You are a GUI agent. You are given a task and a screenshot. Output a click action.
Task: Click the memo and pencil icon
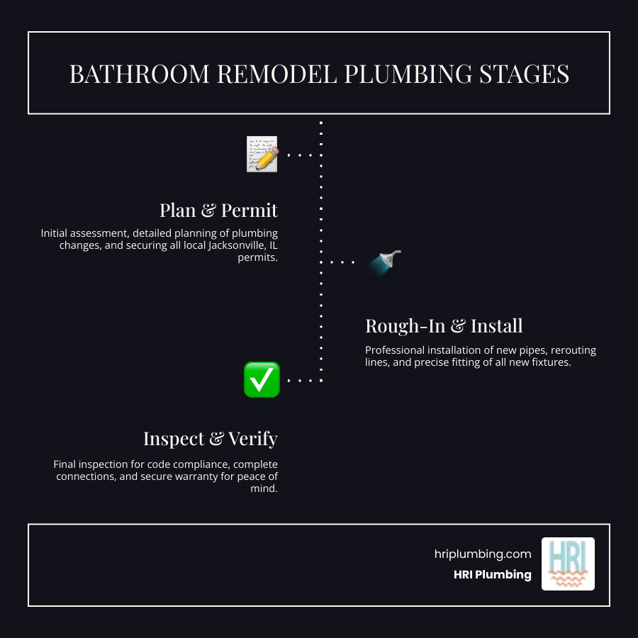(x=262, y=154)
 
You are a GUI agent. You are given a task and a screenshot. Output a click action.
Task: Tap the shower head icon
(x=385, y=262)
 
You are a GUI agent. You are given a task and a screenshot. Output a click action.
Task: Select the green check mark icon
(x=262, y=379)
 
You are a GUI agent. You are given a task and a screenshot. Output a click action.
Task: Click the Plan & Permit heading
(x=218, y=211)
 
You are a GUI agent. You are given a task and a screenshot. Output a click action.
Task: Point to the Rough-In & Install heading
(x=444, y=325)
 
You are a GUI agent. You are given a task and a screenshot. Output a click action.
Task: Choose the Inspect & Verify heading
(x=210, y=439)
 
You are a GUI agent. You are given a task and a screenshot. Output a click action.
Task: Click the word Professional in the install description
(x=394, y=350)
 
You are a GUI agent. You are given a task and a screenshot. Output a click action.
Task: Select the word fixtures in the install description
(x=550, y=363)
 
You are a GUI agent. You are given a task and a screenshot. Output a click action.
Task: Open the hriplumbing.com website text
(x=482, y=554)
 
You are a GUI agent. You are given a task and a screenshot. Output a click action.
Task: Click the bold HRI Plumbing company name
(x=492, y=575)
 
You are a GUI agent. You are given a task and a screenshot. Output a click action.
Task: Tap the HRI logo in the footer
(x=568, y=564)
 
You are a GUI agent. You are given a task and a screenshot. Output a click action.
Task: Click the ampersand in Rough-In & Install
(x=459, y=326)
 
